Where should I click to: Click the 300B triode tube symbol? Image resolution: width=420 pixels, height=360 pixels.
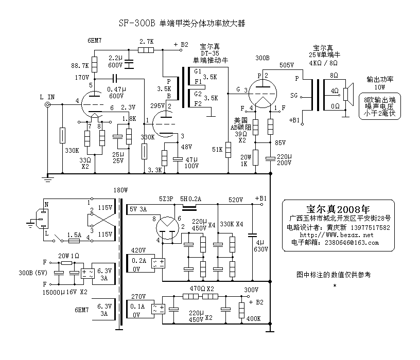[x=262, y=91]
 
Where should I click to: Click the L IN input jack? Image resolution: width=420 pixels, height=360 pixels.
[x=48, y=104]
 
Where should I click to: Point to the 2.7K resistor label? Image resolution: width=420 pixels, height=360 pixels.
[x=146, y=41]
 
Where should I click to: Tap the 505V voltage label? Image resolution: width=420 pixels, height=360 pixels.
[x=286, y=66]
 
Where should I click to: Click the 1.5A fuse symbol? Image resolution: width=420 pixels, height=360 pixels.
[x=74, y=240]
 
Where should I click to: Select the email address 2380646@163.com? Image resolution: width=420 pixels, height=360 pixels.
[x=351, y=243]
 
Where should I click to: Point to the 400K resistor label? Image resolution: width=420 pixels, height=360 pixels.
[x=254, y=318]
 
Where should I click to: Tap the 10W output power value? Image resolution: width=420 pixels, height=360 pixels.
[x=379, y=87]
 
